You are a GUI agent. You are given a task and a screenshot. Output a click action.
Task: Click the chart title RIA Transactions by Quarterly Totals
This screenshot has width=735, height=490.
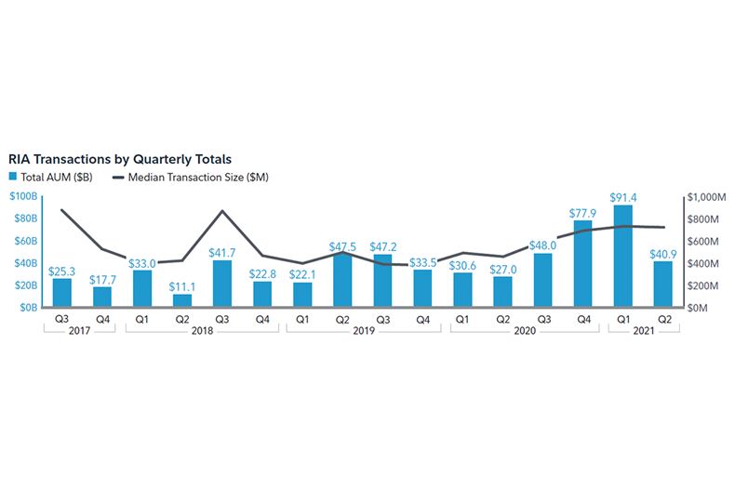pos(120,159)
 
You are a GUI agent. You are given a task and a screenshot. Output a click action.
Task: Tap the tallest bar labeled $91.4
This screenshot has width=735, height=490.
pos(622,256)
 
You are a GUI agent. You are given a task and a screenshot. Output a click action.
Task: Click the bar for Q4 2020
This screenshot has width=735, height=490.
pos(582,263)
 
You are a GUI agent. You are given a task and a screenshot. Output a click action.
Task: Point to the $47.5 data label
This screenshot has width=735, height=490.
pos(342,246)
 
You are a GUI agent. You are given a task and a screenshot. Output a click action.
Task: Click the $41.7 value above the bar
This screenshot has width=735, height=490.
pos(222,253)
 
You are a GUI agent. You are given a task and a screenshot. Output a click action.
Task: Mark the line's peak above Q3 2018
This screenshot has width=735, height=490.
pos(222,211)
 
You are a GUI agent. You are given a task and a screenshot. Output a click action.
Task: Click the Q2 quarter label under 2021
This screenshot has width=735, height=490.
pos(662,319)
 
